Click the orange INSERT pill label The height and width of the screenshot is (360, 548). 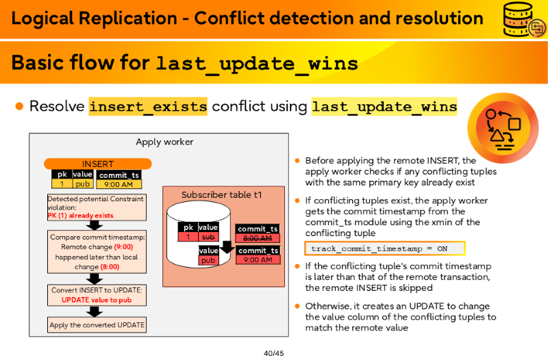pyautogui.click(x=98, y=164)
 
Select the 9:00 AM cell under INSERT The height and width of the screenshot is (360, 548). pyautogui.click(x=119, y=184)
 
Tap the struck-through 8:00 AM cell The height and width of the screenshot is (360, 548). pyautogui.click(x=258, y=238)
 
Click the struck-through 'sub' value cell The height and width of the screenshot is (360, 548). pyautogui.click(x=208, y=237)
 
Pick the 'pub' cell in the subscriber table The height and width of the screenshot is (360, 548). pyautogui.click(x=208, y=260)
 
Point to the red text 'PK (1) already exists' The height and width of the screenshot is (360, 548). pyautogui.click(x=80, y=216)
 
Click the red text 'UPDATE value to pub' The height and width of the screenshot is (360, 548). pyautogui.click(x=97, y=300)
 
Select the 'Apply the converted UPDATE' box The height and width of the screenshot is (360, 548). pyautogui.click(x=97, y=324)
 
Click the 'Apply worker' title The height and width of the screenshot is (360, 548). pyautogui.click(x=164, y=142)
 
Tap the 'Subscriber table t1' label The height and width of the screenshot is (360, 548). pyautogui.click(x=221, y=195)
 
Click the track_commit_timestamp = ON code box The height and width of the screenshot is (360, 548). pyautogui.click(x=385, y=248)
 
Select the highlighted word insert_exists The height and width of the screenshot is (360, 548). pyautogui.click(x=148, y=106)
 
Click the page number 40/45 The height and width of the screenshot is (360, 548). pyautogui.click(x=273, y=353)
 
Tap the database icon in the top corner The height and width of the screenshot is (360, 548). pyautogui.click(x=523, y=20)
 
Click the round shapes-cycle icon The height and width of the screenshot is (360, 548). pyautogui.click(x=503, y=128)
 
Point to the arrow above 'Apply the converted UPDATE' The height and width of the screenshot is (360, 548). pyautogui.click(x=95, y=311)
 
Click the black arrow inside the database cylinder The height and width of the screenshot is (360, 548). pyautogui.click(x=227, y=247)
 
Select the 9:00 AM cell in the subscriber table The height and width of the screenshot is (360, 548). pyautogui.click(x=258, y=260)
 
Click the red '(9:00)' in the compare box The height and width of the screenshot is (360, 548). pyautogui.click(x=123, y=247)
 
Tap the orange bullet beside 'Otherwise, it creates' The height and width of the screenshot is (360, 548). pyautogui.click(x=297, y=306)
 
